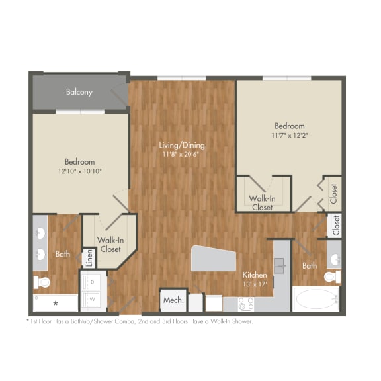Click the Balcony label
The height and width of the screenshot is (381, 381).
click(x=79, y=92)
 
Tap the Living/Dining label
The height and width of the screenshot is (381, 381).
click(x=182, y=145)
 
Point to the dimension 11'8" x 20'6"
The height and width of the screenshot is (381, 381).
click(x=182, y=155)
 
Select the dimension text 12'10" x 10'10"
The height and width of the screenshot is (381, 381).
click(x=80, y=171)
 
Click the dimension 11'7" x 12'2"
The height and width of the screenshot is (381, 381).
click(x=290, y=135)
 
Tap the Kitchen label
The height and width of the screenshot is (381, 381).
click(x=255, y=275)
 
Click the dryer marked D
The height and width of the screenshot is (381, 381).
click(x=93, y=282)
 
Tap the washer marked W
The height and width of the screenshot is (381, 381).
click(x=93, y=298)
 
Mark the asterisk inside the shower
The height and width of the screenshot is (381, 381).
click(x=56, y=303)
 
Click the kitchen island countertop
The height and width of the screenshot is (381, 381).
click(x=213, y=258)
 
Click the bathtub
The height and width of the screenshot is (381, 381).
click(x=316, y=298)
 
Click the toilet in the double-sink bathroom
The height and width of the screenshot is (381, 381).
click(x=43, y=282)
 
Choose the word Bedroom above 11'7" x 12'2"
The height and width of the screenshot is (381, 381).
click(x=290, y=126)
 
